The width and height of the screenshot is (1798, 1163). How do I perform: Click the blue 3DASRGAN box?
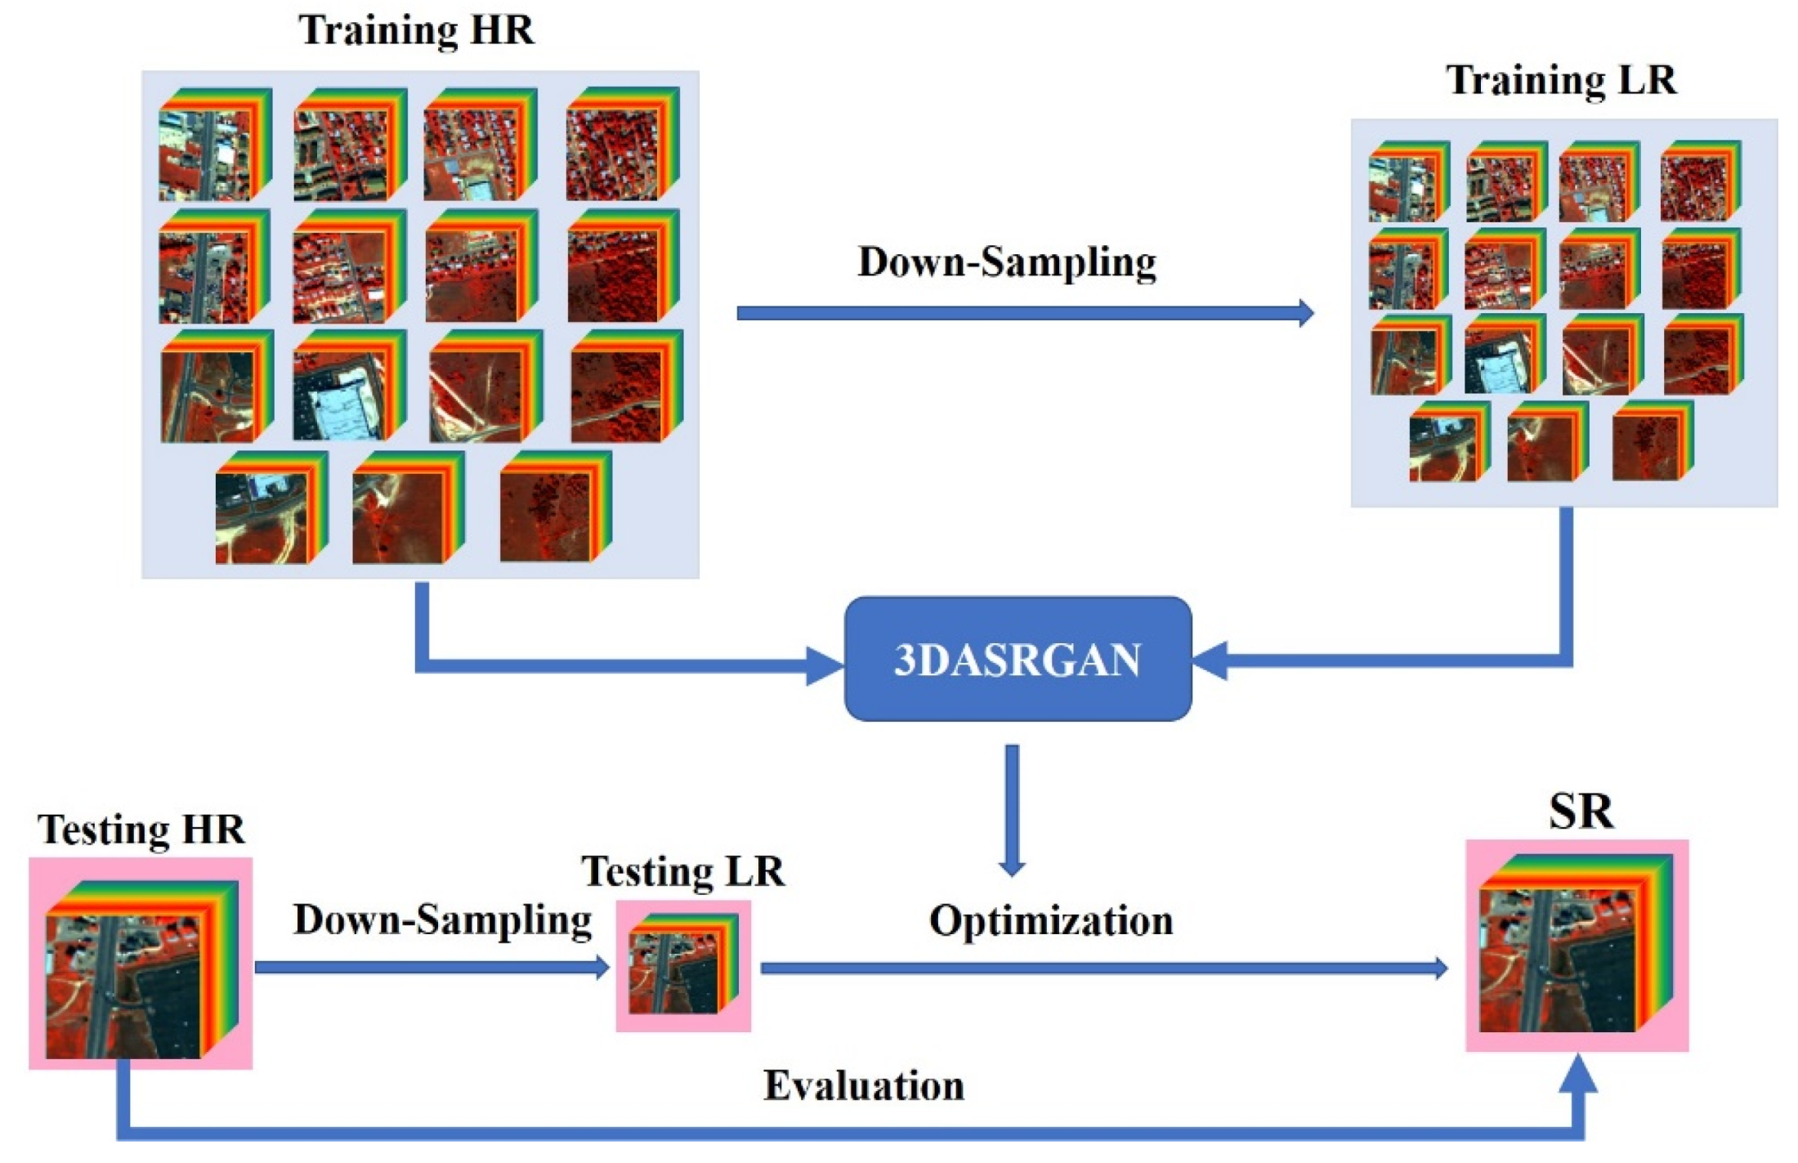pyautogui.click(x=1017, y=659)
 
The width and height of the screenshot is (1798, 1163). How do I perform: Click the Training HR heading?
pyautogui.click(x=417, y=30)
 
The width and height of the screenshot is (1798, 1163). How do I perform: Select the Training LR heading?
pyautogui.click(x=1561, y=80)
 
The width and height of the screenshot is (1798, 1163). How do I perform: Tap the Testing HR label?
pyautogui.click(x=141, y=829)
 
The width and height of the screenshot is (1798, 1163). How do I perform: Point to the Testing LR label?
pyautogui.click(x=682, y=871)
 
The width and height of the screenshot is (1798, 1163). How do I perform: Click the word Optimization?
pyautogui.click(x=1051, y=920)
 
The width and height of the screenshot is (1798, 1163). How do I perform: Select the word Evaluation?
pyautogui.click(x=864, y=1086)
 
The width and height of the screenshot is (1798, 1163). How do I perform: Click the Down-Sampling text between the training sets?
pyautogui.click(x=1007, y=262)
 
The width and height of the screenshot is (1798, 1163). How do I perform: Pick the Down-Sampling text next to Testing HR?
pyautogui.click(x=442, y=919)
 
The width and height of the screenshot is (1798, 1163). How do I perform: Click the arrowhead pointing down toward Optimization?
pyautogui.click(x=1012, y=866)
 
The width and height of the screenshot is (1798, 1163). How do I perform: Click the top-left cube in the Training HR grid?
pyautogui.click(x=214, y=145)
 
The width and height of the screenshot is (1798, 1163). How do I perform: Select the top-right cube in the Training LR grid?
pyautogui.click(x=1700, y=181)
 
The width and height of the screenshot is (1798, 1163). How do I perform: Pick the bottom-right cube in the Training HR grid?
pyautogui.click(x=555, y=507)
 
